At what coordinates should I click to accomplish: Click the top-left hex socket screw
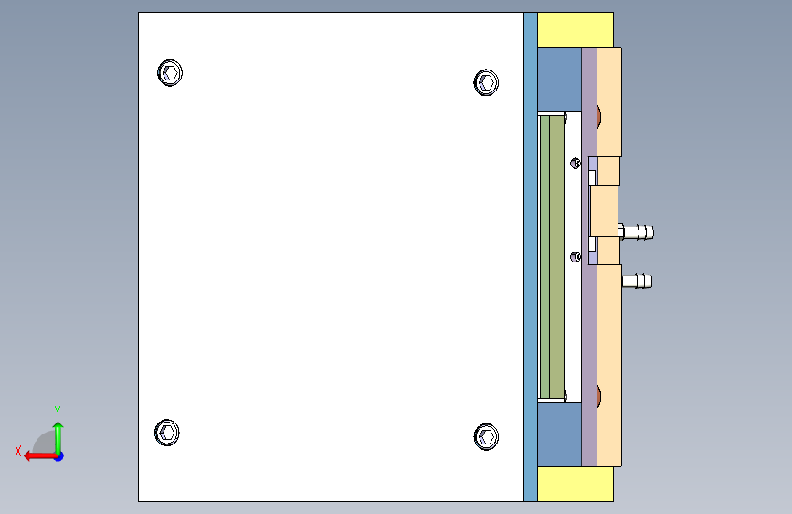click(x=170, y=73)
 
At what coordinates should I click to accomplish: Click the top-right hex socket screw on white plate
click(x=486, y=83)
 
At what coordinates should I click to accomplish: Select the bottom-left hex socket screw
click(x=167, y=432)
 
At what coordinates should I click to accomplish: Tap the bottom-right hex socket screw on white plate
click(x=486, y=437)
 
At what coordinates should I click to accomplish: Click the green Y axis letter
click(x=57, y=411)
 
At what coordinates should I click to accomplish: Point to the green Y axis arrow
click(x=58, y=434)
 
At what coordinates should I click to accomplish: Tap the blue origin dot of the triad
click(x=58, y=455)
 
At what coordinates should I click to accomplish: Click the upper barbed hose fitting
click(x=639, y=231)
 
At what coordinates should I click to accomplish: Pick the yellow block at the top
click(x=575, y=29)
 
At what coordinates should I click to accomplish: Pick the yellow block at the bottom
click(x=575, y=485)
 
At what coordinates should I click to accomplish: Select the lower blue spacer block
click(x=558, y=434)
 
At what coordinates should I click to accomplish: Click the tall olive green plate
click(x=551, y=256)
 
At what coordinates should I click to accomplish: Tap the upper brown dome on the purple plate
click(x=598, y=116)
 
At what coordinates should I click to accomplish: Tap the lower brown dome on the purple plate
click(x=598, y=396)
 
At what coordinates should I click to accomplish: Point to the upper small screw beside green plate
click(x=575, y=163)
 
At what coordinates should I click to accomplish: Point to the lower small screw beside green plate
click(x=575, y=257)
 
